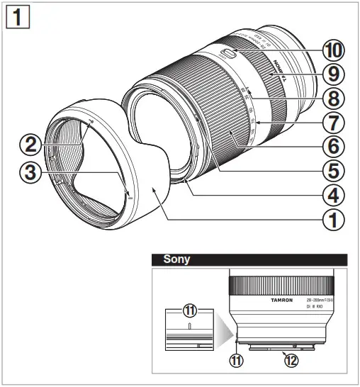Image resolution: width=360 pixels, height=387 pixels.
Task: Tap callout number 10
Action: [x=332, y=50]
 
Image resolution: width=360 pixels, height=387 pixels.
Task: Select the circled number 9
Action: [x=332, y=74]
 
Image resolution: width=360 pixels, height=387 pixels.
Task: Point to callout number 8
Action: [x=332, y=98]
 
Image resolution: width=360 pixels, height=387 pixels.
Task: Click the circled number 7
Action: [x=332, y=122]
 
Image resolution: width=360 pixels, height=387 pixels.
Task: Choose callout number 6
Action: [x=332, y=147]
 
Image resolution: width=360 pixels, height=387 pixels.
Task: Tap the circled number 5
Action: [x=332, y=171]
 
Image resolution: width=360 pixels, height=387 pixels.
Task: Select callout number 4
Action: [x=332, y=195]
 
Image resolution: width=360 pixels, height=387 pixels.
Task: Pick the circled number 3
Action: [x=30, y=172]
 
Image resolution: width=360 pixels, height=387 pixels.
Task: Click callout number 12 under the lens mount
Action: [x=290, y=359]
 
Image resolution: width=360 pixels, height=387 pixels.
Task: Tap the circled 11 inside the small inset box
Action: [x=190, y=310]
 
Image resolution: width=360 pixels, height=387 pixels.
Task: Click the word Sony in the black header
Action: [x=177, y=259]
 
